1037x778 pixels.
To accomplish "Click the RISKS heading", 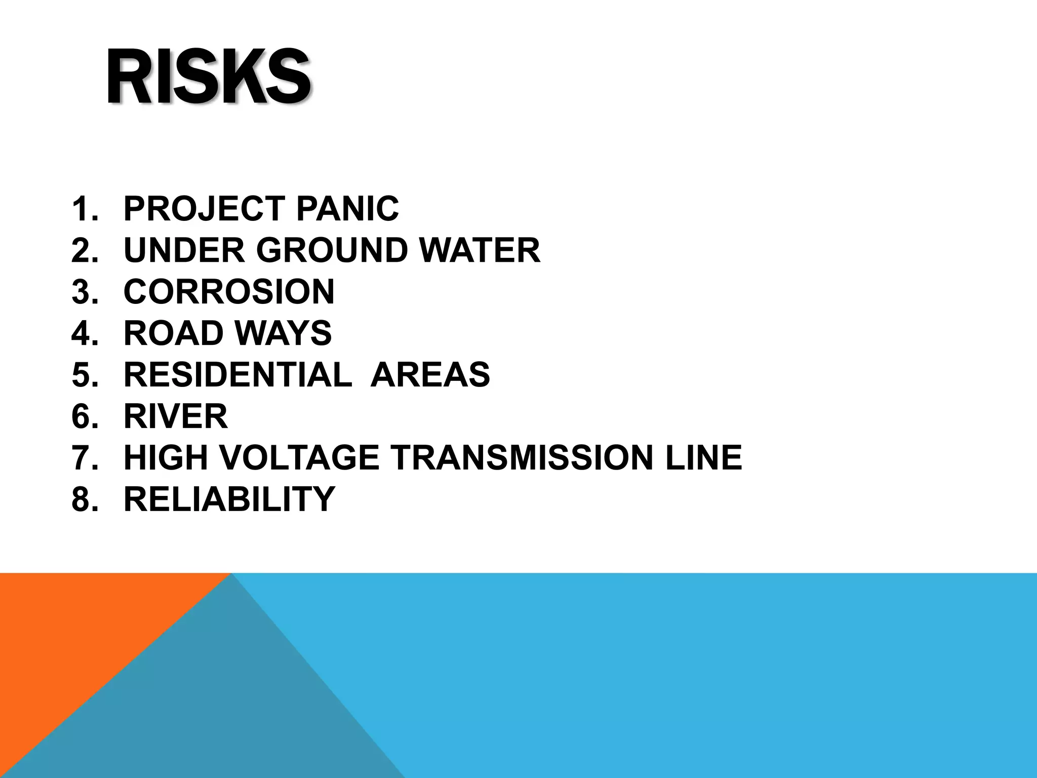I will coord(209,77).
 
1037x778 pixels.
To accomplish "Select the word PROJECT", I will coord(205,209).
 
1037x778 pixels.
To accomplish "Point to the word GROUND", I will coord(332,250).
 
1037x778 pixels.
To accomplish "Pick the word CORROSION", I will coord(229,292).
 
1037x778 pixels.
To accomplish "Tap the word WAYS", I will coord(283,333).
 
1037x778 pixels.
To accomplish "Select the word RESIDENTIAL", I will coord(237,375).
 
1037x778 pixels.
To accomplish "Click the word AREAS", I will coord(430,375).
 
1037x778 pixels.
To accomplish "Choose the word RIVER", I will coord(176,416).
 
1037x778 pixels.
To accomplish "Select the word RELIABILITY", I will coord(229,499).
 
